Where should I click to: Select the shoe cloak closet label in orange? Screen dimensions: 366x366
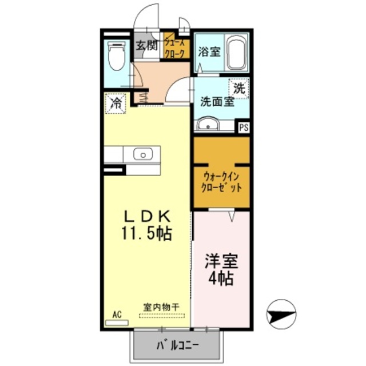(175, 45)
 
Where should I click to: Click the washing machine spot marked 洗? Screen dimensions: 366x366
(239, 88)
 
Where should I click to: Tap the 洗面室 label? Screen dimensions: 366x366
(217, 102)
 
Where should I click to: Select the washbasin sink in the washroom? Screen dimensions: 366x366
(209, 124)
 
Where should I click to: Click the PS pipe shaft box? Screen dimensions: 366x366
(244, 128)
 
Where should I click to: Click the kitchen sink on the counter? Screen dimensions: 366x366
(142, 153)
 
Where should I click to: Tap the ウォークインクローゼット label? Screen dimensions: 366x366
(222, 181)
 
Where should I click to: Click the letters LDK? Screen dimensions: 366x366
(147, 216)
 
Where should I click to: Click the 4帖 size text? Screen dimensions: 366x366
(221, 280)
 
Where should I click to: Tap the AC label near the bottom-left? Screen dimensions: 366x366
(117, 314)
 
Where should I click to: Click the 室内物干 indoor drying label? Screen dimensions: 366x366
(161, 307)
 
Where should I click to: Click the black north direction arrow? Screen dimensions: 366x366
(282, 314)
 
